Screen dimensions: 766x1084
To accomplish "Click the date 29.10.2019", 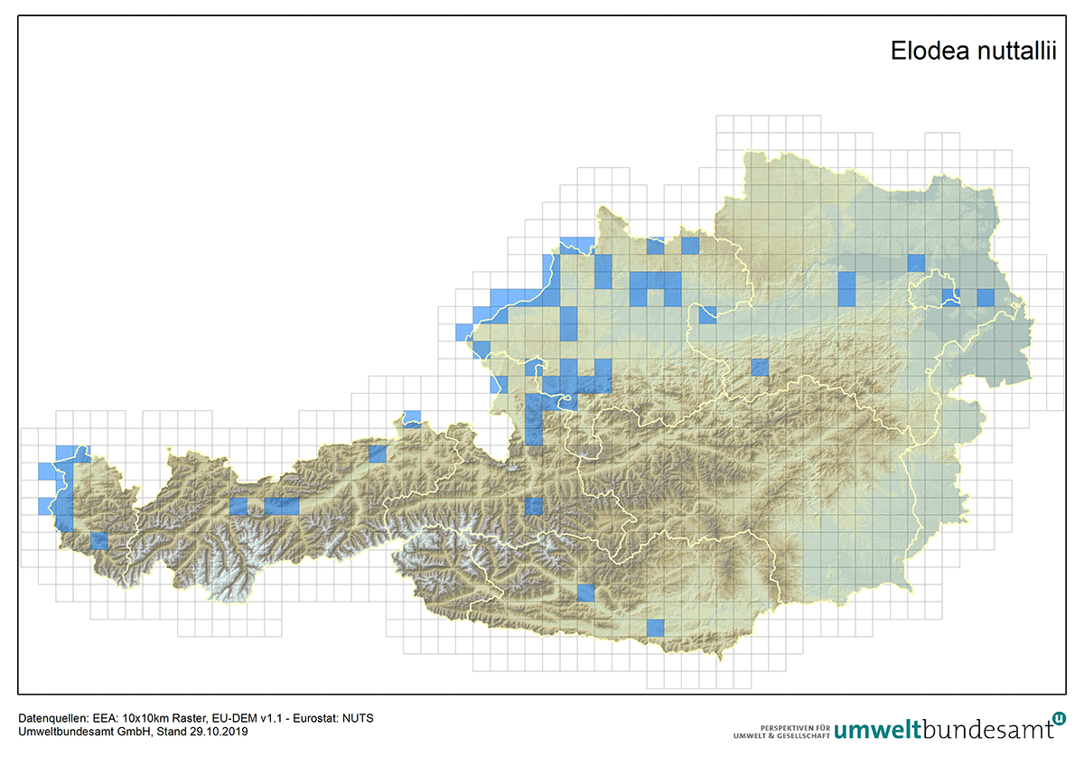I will [219, 732].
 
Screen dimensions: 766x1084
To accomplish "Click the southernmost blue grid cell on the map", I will [655, 627].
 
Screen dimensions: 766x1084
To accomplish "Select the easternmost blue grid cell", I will [986, 297].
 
